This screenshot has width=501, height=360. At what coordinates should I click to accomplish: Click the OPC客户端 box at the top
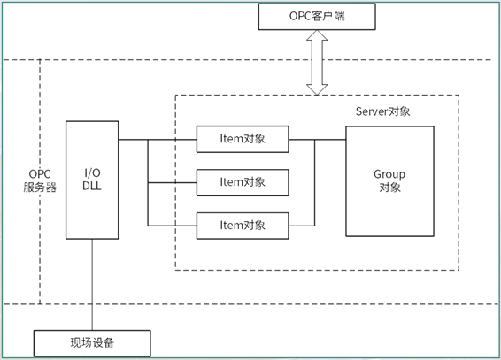(316, 17)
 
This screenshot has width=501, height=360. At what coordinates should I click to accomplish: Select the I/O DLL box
(92, 180)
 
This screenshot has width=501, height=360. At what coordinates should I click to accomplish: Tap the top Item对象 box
(243, 139)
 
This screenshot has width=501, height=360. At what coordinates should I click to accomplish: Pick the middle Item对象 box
(243, 182)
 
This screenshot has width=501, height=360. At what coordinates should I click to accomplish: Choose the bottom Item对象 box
(243, 226)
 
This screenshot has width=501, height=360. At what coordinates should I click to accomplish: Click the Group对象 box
(389, 180)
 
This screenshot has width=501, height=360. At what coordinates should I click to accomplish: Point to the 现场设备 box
(92, 342)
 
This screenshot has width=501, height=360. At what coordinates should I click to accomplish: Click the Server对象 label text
(382, 111)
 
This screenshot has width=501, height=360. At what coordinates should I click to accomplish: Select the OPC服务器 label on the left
(40, 180)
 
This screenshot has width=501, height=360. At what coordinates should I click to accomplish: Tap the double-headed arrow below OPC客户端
(316, 62)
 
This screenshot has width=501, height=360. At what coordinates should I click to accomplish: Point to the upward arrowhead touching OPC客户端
(316, 35)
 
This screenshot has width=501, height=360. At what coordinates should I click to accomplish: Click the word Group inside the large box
(389, 174)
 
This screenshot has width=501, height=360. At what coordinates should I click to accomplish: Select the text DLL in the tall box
(92, 187)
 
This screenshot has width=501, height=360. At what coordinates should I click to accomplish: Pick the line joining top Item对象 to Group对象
(317, 139)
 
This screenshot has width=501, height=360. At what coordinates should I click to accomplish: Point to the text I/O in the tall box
(92, 172)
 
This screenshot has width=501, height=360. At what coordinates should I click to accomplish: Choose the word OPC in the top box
(298, 17)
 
